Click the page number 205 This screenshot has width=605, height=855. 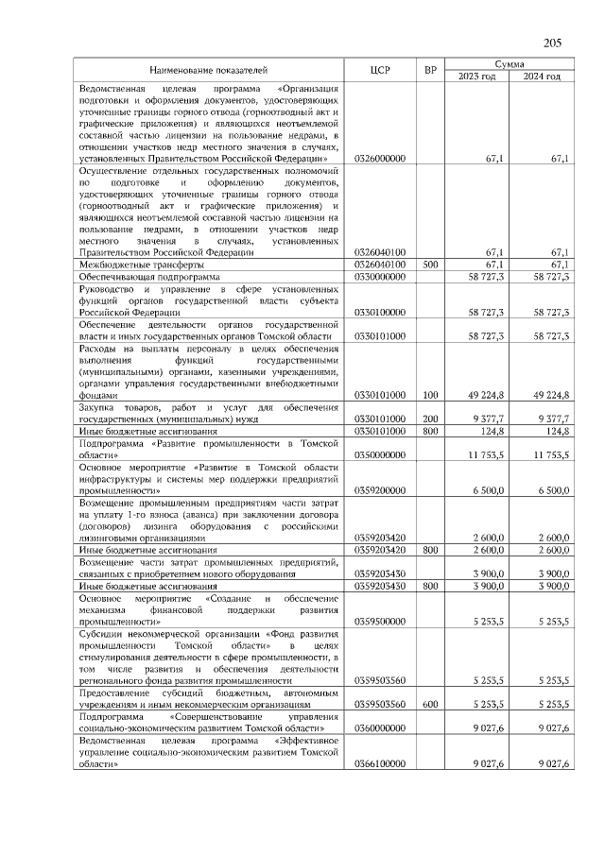pyautogui.click(x=553, y=43)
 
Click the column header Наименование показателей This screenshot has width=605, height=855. pyautogui.click(x=208, y=70)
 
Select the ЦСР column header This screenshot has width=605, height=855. pyautogui.click(x=382, y=70)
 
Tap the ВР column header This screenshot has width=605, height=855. pyautogui.click(x=430, y=70)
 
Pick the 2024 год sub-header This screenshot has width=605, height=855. pyautogui.click(x=543, y=77)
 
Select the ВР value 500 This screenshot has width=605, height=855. pyautogui.click(x=430, y=265)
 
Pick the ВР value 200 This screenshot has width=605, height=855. pyautogui.click(x=430, y=419)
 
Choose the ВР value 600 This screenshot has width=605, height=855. pyautogui.click(x=430, y=703)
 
